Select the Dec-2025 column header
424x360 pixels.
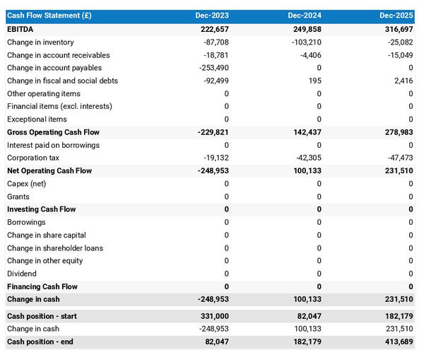pyautogui.click(x=396, y=16)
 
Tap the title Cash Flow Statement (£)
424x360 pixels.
pyautogui.click(x=49, y=16)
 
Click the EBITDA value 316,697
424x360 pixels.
pyautogui.click(x=396, y=29)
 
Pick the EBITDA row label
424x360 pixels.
pyautogui.click(x=20, y=29)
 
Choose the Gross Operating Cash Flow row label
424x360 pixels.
pyautogui.click(x=53, y=132)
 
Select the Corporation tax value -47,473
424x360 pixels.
pyautogui.click(x=397, y=158)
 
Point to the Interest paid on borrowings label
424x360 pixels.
pyautogui.click(x=53, y=145)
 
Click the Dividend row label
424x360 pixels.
pyautogui.click(x=22, y=274)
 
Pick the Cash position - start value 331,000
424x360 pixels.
pyautogui.click(x=213, y=316)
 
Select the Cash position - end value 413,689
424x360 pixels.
pyautogui.click(x=396, y=342)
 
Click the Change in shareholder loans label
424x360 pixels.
pyautogui.click(x=55, y=248)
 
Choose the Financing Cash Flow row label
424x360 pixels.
pyautogui.click(x=42, y=286)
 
